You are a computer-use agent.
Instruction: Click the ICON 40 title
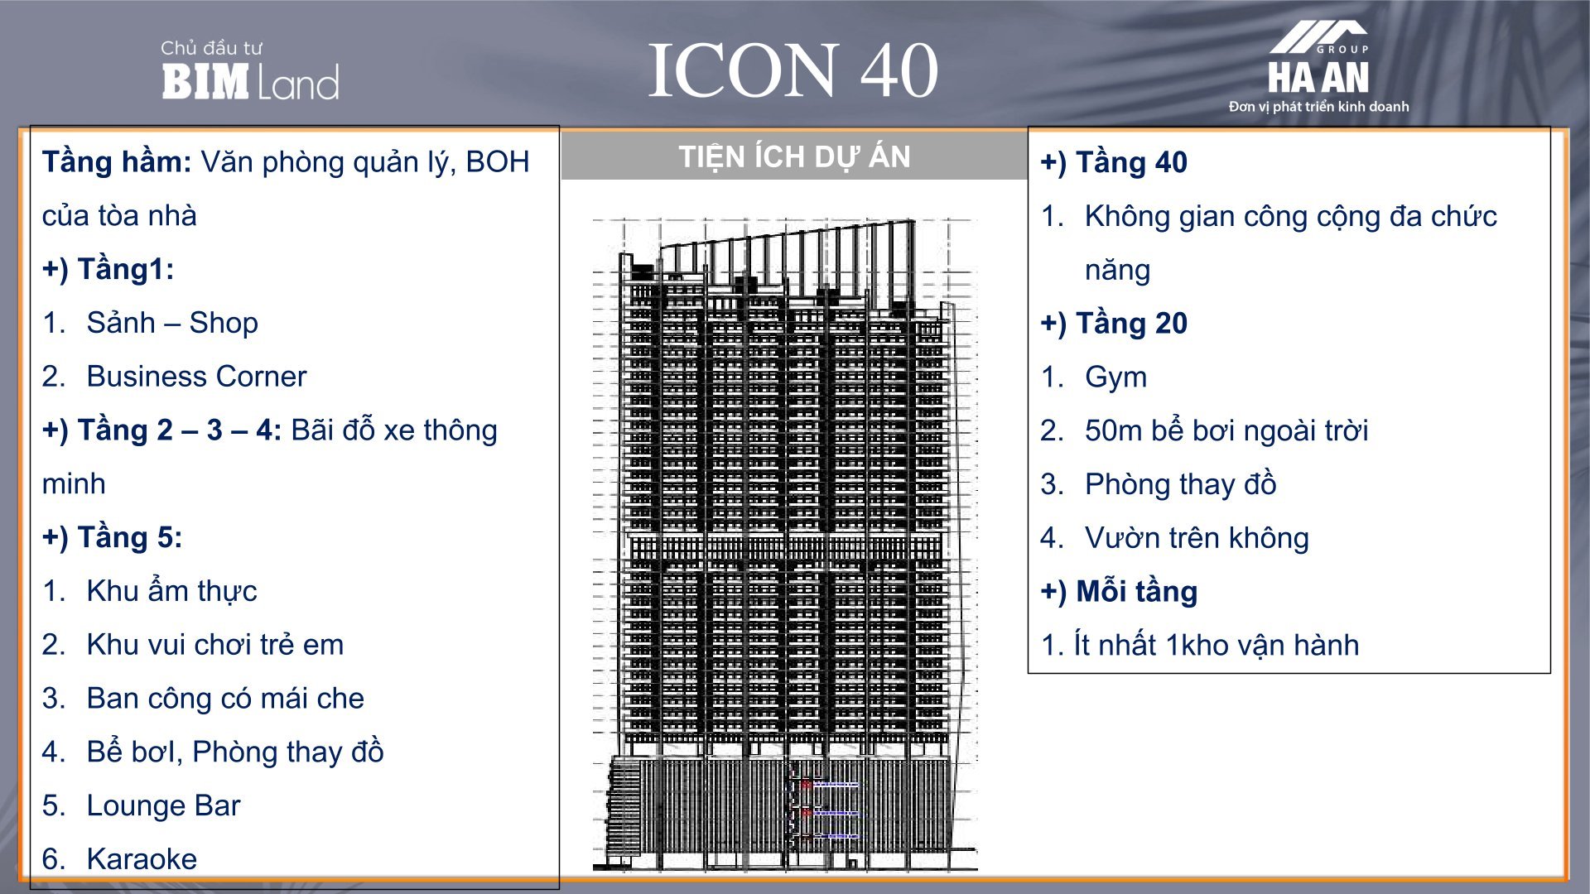click(x=793, y=70)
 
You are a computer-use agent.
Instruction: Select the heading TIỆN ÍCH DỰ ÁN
click(x=794, y=156)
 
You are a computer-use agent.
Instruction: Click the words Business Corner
click(x=196, y=377)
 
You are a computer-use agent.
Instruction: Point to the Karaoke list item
click(x=142, y=859)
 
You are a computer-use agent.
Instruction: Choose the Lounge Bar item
click(x=163, y=805)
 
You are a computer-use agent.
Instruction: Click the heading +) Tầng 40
click(x=1114, y=162)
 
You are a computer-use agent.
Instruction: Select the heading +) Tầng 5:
click(x=113, y=538)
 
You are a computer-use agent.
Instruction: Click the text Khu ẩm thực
click(x=171, y=591)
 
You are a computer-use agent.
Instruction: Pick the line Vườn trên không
click(x=1197, y=538)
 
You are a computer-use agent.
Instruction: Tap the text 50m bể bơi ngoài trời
click(x=1226, y=430)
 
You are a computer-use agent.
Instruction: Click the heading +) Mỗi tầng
click(x=1119, y=592)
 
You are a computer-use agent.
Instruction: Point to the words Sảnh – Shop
click(x=172, y=323)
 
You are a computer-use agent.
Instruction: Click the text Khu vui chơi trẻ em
click(x=214, y=645)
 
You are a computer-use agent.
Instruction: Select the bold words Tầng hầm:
click(x=117, y=161)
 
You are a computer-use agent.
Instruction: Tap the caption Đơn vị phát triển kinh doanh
click(x=1318, y=107)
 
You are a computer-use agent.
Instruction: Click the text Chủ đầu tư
click(x=211, y=48)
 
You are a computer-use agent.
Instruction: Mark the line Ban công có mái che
click(x=225, y=699)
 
